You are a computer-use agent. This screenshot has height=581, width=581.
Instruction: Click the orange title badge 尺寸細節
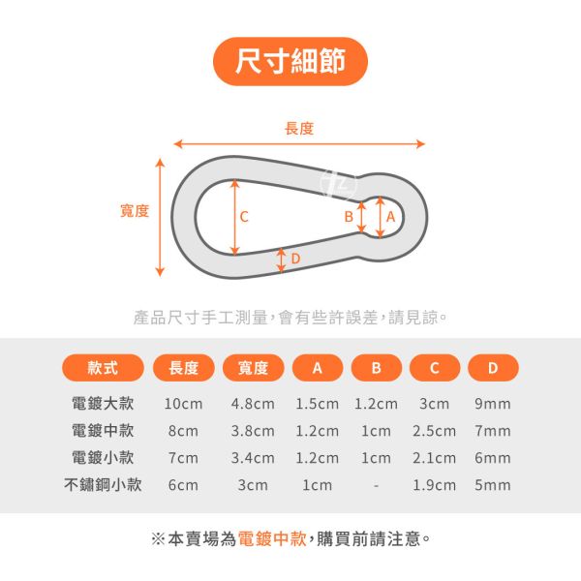tap(290, 63)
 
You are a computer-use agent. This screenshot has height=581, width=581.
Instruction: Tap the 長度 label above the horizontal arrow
tap(299, 129)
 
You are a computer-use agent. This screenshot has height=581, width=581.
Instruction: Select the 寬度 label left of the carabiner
tap(135, 210)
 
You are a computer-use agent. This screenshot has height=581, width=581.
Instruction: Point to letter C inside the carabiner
tap(244, 217)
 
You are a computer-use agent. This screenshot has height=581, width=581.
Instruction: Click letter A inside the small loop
tap(390, 218)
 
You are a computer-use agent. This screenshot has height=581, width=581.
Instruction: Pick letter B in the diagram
tap(348, 218)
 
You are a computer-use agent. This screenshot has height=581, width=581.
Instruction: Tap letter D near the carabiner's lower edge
tap(295, 259)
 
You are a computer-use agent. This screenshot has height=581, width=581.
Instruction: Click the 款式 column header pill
tap(103, 368)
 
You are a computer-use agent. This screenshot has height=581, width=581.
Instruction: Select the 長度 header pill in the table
tap(183, 368)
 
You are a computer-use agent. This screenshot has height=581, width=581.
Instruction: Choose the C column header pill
tap(434, 368)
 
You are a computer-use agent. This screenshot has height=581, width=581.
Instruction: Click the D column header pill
tap(492, 368)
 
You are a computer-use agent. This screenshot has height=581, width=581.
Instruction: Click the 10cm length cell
tap(182, 404)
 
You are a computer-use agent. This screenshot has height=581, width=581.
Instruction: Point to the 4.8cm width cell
tap(253, 404)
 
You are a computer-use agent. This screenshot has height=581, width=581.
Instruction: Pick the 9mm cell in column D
tap(492, 404)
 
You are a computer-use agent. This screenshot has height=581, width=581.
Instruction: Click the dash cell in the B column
tap(376, 485)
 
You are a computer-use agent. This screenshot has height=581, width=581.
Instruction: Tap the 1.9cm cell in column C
tap(434, 485)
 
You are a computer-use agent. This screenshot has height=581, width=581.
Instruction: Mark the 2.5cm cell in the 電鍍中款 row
tap(434, 431)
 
